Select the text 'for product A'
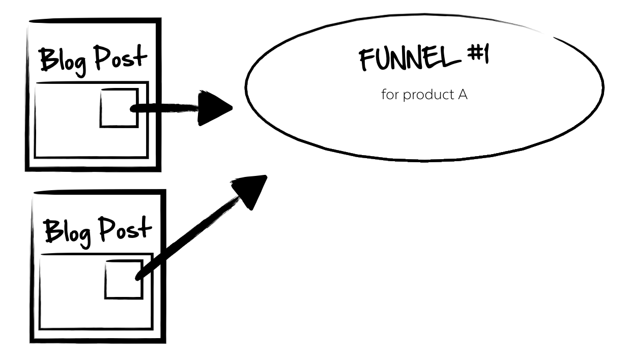pos(424,95)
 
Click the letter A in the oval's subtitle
pos(462,95)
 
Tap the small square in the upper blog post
pos(119,108)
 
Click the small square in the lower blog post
pos(123,279)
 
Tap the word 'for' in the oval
pos(389,95)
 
